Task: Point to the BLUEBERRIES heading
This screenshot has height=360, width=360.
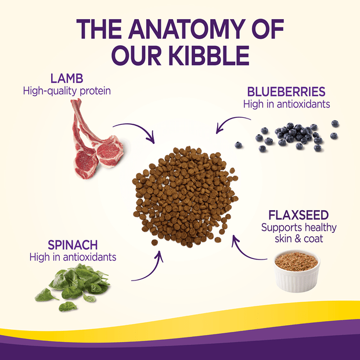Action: pos(286,92)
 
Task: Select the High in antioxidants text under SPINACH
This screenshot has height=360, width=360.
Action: pos(73,257)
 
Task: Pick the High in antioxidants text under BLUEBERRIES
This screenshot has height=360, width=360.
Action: pos(286,104)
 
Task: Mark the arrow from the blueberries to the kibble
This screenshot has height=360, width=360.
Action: pos(232,121)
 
